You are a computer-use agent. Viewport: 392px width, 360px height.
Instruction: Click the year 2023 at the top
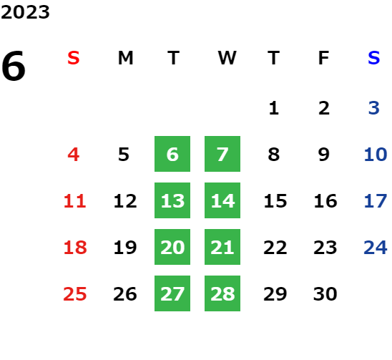tap(25, 12)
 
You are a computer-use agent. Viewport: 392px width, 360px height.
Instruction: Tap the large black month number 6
tap(14, 66)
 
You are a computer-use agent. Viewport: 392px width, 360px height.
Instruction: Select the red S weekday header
tap(74, 58)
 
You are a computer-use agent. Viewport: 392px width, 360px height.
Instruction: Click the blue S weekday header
tap(373, 58)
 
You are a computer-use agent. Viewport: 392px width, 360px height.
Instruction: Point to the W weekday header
tap(227, 58)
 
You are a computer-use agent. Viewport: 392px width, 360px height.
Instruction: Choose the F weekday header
tap(324, 58)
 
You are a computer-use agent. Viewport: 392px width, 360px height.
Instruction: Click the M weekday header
tap(125, 58)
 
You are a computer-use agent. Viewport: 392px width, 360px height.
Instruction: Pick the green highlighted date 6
tap(172, 154)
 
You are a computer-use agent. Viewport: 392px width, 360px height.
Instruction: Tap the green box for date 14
tap(222, 200)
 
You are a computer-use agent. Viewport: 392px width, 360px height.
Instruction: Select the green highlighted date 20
tap(172, 247)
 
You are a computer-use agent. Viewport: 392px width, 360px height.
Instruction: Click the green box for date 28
tap(222, 293)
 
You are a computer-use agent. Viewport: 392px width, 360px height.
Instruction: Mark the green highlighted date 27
tap(172, 293)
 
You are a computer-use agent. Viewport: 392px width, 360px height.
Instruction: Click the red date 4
tap(74, 154)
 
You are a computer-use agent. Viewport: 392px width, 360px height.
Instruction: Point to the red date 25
tap(75, 293)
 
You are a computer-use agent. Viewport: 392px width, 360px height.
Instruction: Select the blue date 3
tap(373, 108)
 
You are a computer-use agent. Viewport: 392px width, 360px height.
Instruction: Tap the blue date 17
tap(376, 200)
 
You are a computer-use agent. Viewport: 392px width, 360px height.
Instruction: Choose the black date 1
tap(274, 108)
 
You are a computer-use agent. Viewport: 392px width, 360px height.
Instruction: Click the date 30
tap(325, 293)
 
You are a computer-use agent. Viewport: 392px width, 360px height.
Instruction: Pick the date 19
tap(125, 247)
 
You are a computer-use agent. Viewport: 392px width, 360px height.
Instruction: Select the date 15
tap(275, 200)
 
